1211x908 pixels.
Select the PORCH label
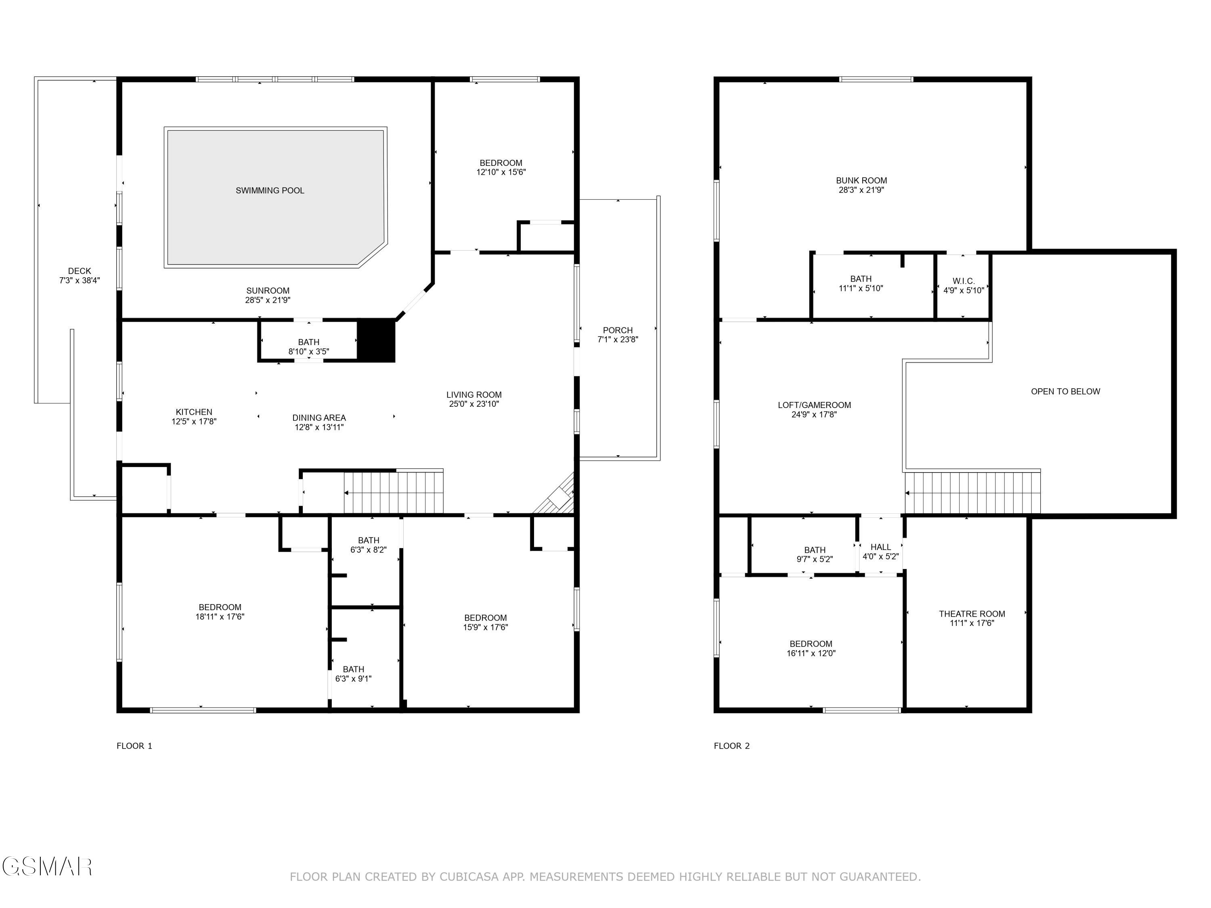(618, 330)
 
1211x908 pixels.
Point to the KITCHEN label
(194, 412)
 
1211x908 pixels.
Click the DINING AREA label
(318, 418)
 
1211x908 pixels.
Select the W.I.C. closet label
(963, 281)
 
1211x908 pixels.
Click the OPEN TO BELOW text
(1065, 391)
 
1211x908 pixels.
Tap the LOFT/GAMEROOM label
(814, 405)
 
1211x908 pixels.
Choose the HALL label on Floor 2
(880, 547)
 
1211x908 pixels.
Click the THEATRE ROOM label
(972, 613)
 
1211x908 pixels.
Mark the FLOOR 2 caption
(731, 745)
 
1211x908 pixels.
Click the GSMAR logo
(46, 867)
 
